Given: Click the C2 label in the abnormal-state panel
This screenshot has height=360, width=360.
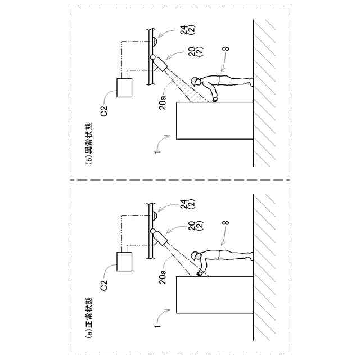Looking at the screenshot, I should tap(104, 111).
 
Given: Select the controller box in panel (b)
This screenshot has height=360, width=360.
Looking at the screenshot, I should tap(124, 87).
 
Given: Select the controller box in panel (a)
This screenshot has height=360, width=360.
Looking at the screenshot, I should tap(124, 262).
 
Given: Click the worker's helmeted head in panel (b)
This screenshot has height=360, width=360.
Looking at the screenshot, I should tap(195, 82).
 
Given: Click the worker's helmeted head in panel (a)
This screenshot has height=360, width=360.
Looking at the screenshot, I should tap(195, 256).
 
